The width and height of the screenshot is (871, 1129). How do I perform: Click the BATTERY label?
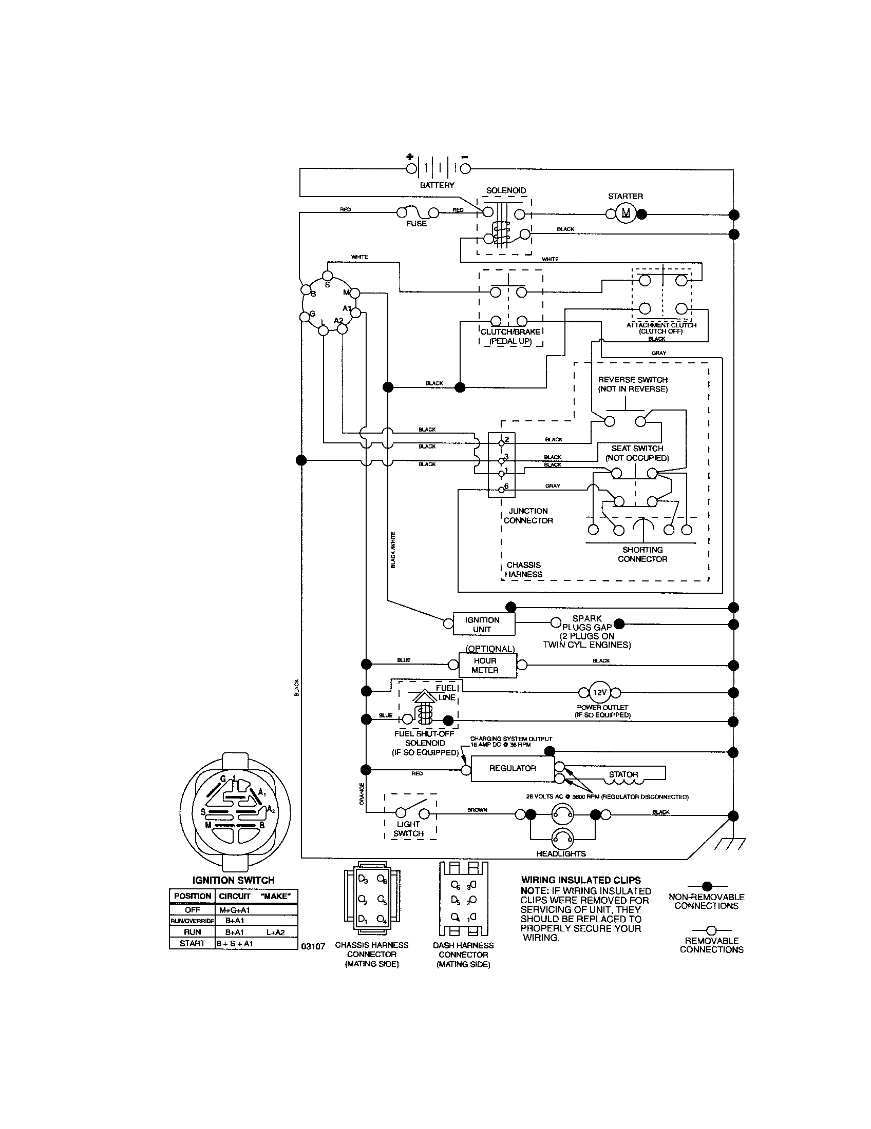[437, 185]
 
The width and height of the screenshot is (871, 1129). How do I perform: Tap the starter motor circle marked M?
[626, 213]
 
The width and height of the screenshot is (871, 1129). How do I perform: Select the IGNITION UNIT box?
[484, 625]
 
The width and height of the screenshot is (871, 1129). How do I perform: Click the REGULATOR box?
[513, 769]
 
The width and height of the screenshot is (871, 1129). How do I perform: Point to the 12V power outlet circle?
[599, 692]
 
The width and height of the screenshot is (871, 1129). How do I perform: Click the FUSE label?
[416, 224]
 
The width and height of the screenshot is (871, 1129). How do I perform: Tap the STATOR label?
[623, 774]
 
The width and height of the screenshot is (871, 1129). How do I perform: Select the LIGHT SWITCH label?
[409, 829]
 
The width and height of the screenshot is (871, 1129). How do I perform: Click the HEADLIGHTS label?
[561, 853]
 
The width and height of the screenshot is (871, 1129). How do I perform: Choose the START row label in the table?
[193, 943]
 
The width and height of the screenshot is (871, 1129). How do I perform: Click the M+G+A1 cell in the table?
[235, 910]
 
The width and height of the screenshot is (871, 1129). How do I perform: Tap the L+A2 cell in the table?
[275, 932]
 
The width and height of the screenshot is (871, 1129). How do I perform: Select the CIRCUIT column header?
[235, 896]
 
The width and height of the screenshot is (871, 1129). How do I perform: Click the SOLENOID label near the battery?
[506, 190]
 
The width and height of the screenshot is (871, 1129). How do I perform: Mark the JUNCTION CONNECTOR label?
[528, 515]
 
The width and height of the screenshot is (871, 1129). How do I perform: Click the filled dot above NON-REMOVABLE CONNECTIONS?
[707, 886]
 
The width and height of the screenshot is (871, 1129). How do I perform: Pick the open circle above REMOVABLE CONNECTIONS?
[712, 930]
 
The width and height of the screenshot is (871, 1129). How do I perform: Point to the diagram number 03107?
[313, 946]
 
